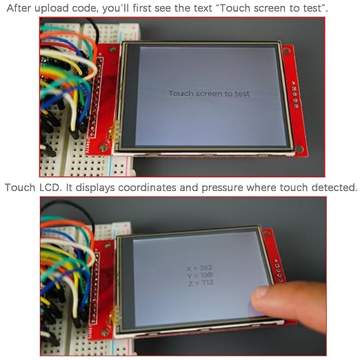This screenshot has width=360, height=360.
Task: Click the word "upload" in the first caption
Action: (52, 9)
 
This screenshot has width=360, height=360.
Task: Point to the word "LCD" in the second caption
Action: (50, 188)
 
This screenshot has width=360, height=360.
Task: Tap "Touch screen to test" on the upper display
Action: (209, 94)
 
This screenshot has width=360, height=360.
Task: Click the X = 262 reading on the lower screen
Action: (200, 268)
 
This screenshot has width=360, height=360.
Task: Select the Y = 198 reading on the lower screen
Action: (200, 275)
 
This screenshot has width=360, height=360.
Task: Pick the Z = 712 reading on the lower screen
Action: (201, 283)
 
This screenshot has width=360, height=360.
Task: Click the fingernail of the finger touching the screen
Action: (260, 292)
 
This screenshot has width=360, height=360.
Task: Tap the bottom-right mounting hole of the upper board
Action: (299, 148)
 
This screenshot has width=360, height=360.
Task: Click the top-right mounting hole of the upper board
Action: (287, 51)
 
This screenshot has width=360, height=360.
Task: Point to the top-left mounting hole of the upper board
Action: (112, 50)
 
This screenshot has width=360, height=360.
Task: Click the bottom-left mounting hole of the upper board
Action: (103, 147)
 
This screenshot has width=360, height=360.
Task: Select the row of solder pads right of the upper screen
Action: (295, 97)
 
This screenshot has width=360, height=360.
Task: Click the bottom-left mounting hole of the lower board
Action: (105, 332)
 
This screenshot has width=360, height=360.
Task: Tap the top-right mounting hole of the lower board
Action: (266, 234)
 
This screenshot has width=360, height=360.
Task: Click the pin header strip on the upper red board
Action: (96, 98)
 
